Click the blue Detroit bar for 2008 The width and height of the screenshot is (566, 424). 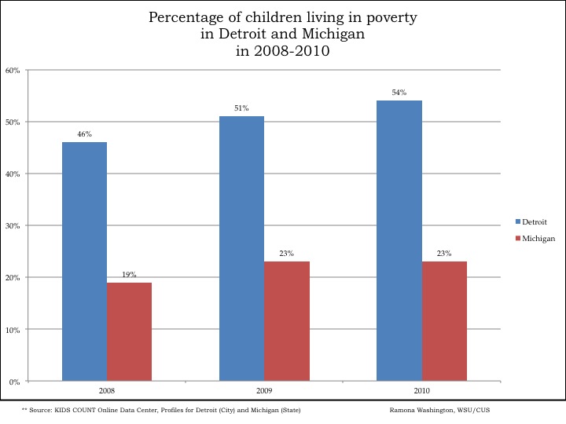(84, 261)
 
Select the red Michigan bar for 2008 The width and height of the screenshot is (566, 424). (129, 331)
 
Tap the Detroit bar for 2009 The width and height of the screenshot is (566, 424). (241, 248)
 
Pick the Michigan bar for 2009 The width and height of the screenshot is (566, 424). (286, 321)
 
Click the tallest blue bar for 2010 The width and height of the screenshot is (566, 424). (399, 240)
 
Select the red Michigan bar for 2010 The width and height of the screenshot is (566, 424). (444, 321)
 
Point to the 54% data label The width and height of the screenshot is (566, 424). (399, 93)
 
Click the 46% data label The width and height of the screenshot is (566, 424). (84, 134)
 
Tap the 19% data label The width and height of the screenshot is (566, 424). (129, 275)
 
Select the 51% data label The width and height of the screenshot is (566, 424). (241, 108)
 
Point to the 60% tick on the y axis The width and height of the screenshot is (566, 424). (13, 71)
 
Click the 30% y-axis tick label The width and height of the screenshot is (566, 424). (13, 226)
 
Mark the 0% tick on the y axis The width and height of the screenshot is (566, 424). (14, 382)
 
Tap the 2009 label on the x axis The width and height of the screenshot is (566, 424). (263, 390)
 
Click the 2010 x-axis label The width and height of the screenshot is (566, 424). (421, 390)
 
